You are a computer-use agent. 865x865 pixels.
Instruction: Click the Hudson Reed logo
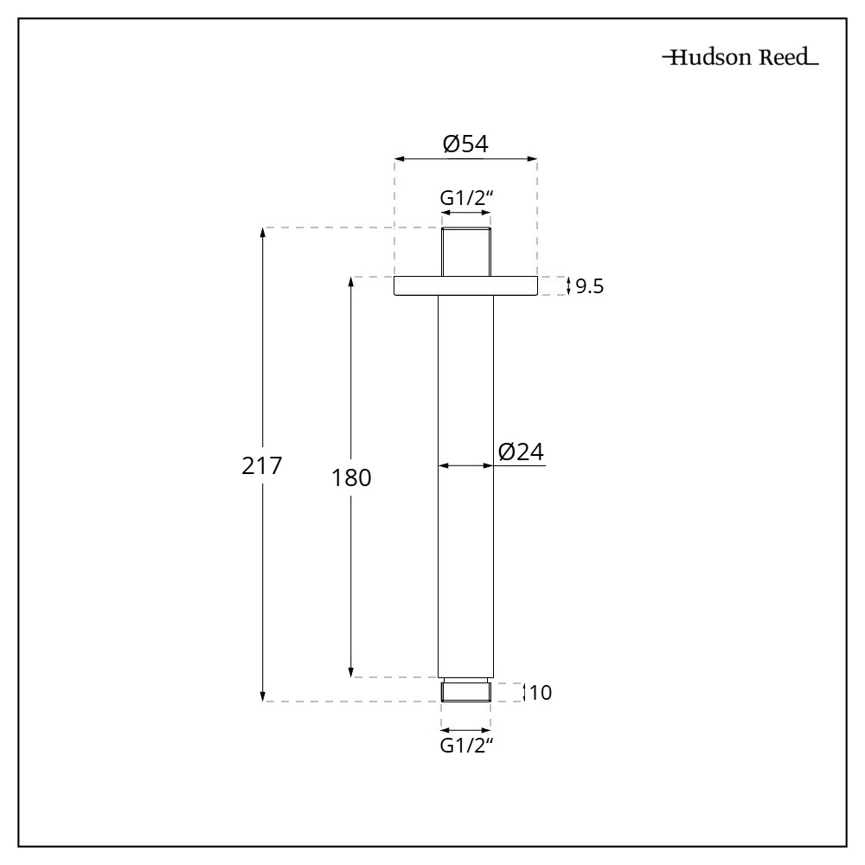(x=740, y=60)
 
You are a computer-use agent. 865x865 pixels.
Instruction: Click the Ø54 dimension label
(x=465, y=144)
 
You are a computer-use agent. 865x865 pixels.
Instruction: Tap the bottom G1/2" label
(x=466, y=746)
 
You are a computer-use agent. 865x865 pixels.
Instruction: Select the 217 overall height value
(x=261, y=465)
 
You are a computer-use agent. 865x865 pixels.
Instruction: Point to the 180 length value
(x=351, y=477)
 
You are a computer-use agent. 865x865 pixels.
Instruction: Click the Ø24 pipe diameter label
(x=522, y=451)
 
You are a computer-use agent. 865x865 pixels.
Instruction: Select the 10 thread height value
(x=540, y=692)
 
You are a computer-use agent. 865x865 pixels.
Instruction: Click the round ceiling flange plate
(x=465, y=285)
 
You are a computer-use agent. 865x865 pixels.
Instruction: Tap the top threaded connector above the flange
(x=466, y=252)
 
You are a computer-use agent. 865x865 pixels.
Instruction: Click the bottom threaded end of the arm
(x=466, y=691)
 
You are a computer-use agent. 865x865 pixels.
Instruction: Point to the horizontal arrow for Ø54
(x=465, y=159)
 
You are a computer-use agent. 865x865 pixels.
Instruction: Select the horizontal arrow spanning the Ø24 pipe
(x=465, y=465)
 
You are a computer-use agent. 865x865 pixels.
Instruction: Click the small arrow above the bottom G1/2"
(x=466, y=728)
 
